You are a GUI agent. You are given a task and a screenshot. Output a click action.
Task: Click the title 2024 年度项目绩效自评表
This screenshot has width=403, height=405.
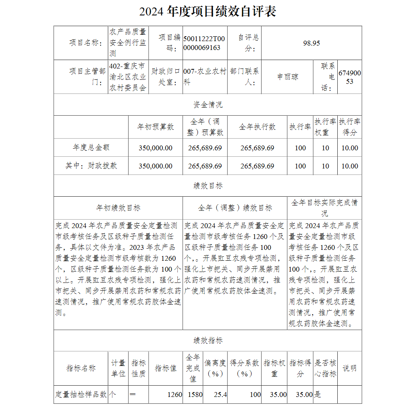pyautogui.click(x=208, y=11)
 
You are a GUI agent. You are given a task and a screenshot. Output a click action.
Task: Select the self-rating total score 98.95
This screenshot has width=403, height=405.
pyautogui.click(x=311, y=43)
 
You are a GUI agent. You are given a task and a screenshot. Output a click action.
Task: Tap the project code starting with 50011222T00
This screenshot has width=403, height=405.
pyautogui.click(x=204, y=43)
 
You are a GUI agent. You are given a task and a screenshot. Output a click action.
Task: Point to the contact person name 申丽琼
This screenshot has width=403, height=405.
pyautogui.click(x=287, y=77)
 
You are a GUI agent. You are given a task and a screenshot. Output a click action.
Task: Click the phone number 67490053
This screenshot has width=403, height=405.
pyautogui.click(x=349, y=77)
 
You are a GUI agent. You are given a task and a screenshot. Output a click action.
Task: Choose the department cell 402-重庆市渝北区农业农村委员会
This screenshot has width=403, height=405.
pyautogui.click(x=128, y=77)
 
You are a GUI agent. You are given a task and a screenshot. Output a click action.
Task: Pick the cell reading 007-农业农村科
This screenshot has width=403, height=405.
pyautogui.click(x=204, y=77)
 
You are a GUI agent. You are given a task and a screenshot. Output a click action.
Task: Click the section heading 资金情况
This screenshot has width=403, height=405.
pyautogui.click(x=208, y=105)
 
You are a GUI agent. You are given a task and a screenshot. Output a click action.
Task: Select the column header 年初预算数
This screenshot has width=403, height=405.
pyautogui.click(x=156, y=127)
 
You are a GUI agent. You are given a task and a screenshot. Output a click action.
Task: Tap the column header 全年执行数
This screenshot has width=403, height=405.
pyautogui.click(x=257, y=127)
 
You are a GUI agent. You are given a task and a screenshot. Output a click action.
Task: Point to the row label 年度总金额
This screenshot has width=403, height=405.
pyautogui.click(x=91, y=148)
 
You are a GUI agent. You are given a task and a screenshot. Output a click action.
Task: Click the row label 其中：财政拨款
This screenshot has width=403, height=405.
pyautogui.click(x=91, y=166)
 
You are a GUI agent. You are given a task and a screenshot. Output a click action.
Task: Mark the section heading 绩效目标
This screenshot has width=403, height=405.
pyautogui.click(x=208, y=186)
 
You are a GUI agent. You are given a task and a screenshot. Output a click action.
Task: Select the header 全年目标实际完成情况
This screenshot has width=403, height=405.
pyautogui.click(x=324, y=208)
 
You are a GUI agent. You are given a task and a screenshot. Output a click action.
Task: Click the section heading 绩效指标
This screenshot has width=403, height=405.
pyautogui.click(x=208, y=341)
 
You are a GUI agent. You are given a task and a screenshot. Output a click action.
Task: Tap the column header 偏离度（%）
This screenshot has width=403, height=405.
pyautogui.click(x=215, y=368)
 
